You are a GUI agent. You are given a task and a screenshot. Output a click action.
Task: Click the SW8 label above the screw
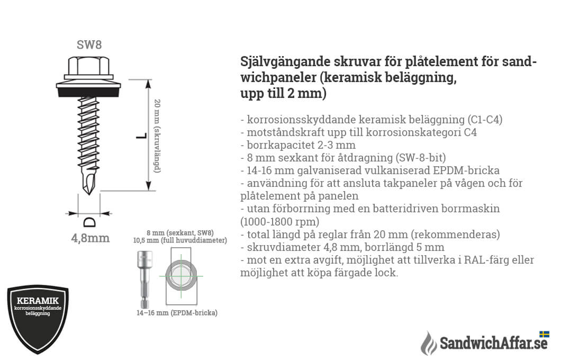coord(89,45)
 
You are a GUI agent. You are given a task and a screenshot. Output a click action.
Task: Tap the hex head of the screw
coord(89,66)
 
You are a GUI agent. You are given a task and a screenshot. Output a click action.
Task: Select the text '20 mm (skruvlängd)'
coord(157,136)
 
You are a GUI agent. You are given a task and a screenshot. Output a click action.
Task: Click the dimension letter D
coord(89,221)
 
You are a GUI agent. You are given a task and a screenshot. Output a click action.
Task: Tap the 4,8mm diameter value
coord(91,238)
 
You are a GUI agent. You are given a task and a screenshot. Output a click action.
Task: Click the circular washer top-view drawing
coord(181,277)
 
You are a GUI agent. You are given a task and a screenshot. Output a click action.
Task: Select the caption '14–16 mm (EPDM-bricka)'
coord(177,313)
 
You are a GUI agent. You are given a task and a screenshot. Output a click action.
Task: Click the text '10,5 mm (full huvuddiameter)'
coord(180,241)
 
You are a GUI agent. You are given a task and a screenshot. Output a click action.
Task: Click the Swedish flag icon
coord(544,334)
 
